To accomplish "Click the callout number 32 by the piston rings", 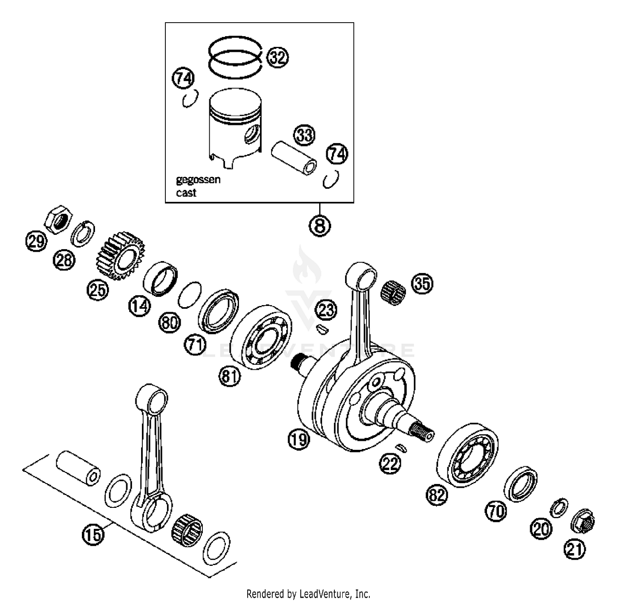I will (278, 57).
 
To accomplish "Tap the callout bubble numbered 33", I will (304, 135).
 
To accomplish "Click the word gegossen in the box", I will (198, 180).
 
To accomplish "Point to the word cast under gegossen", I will (186, 193).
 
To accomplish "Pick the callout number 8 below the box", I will (320, 225).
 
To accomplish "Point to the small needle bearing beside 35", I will (394, 293).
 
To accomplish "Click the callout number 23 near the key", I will (326, 310).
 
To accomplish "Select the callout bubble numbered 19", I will (298, 439).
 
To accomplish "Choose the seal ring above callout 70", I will (521, 484).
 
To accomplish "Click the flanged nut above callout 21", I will (583, 522).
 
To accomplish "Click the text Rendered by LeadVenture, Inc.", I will (308, 594).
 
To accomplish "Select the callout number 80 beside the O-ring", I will (169, 322).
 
